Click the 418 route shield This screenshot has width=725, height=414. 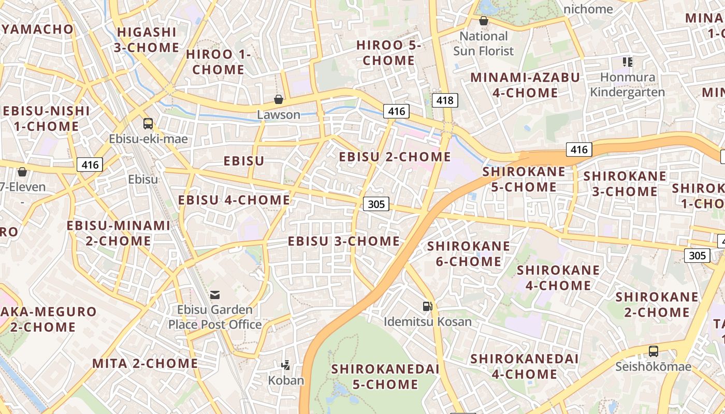[x=445, y=100]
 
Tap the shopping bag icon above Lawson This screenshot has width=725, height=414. [x=279, y=99]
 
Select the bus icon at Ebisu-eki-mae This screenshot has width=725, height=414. [x=148, y=123]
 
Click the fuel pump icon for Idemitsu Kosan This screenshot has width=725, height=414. [x=427, y=306]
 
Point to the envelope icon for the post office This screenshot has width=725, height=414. [x=215, y=295]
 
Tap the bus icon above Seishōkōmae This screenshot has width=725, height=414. [x=654, y=351]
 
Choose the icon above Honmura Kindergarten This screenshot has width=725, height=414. [x=628, y=62]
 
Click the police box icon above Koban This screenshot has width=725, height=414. [x=285, y=365]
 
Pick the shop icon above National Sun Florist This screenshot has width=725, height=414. [x=483, y=21]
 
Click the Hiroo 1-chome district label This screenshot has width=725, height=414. [x=218, y=62]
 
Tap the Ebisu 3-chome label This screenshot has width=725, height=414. [x=344, y=241]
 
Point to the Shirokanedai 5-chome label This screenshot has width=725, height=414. [x=385, y=376]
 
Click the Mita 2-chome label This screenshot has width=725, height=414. [x=145, y=363]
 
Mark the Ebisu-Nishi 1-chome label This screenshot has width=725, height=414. [x=46, y=119]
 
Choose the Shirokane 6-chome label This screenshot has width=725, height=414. [x=469, y=253]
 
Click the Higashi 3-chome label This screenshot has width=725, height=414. [x=147, y=40]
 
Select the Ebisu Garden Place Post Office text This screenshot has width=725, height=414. [x=215, y=317]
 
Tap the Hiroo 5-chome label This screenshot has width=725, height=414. [x=388, y=53]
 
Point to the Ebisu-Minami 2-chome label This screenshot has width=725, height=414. [x=118, y=233]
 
